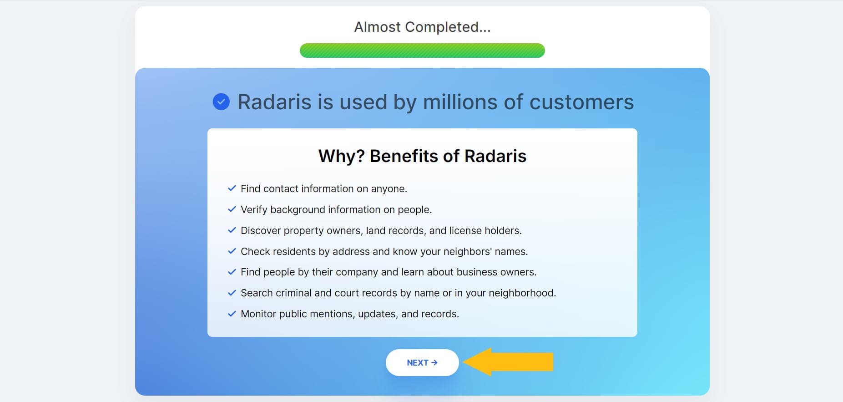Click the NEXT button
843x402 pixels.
(422, 363)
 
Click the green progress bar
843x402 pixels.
(422, 51)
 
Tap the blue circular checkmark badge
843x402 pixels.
(221, 102)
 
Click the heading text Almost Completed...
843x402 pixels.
(422, 27)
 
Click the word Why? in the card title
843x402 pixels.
(341, 156)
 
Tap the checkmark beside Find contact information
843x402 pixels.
(232, 188)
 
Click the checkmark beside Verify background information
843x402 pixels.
(232, 209)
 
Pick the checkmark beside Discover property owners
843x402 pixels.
(232, 230)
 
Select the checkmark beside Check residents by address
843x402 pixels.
(232, 251)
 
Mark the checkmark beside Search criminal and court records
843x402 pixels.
(232, 293)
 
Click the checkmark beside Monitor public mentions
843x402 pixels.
(232, 314)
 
